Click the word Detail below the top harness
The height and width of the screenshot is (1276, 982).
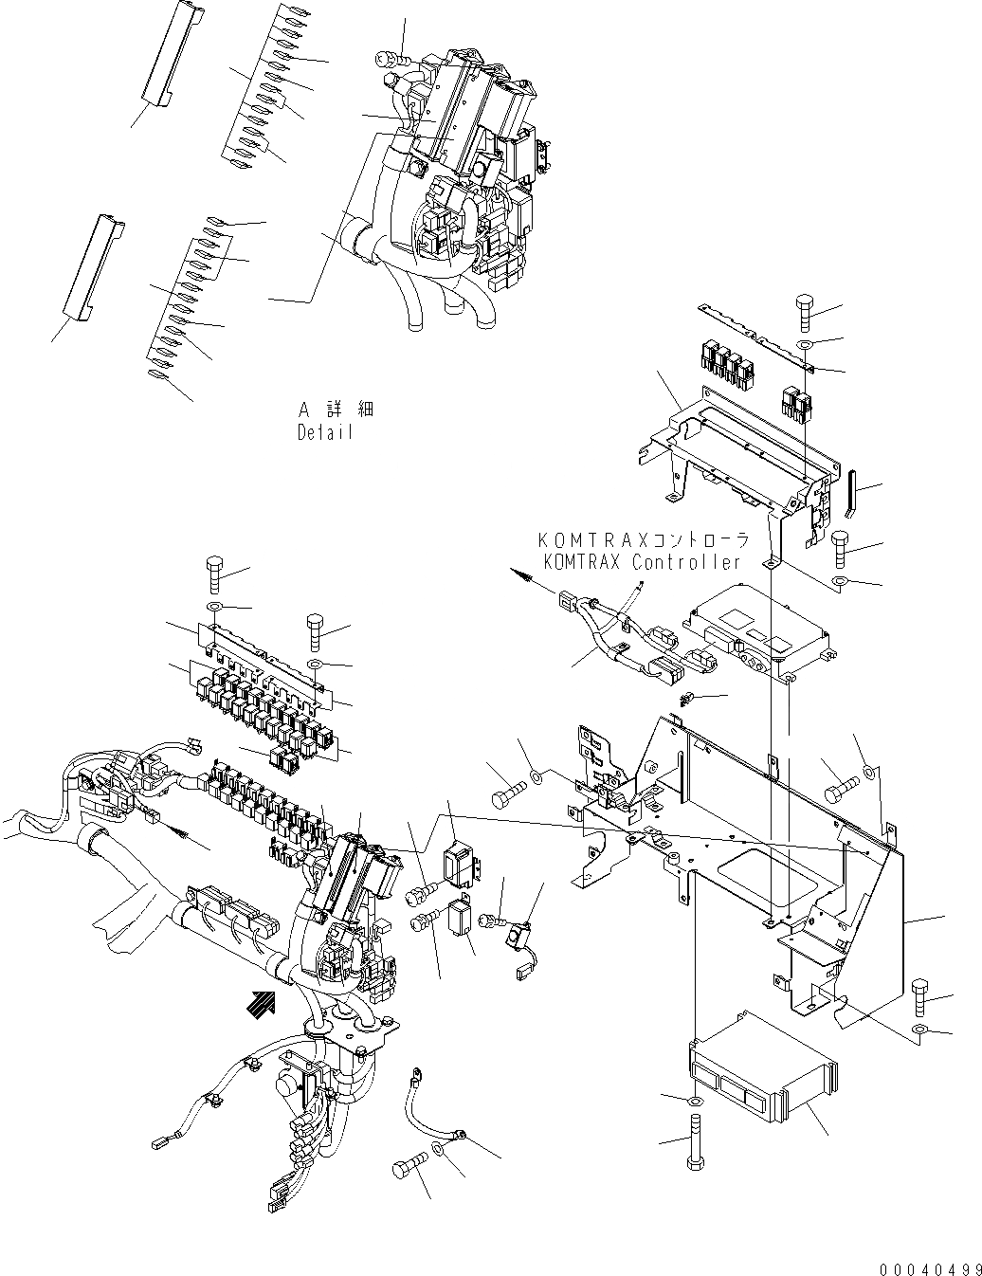pyautogui.click(x=324, y=432)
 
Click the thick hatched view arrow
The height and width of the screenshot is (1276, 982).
pyautogui.click(x=262, y=999)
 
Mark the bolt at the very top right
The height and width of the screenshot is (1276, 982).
pyautogui.click(x=804, y=312)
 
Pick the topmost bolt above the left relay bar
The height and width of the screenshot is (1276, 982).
pyautogui.click(x=213, y=574)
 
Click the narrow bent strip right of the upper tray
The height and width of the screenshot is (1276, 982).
pyautogui.click(x=850, y=493)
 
